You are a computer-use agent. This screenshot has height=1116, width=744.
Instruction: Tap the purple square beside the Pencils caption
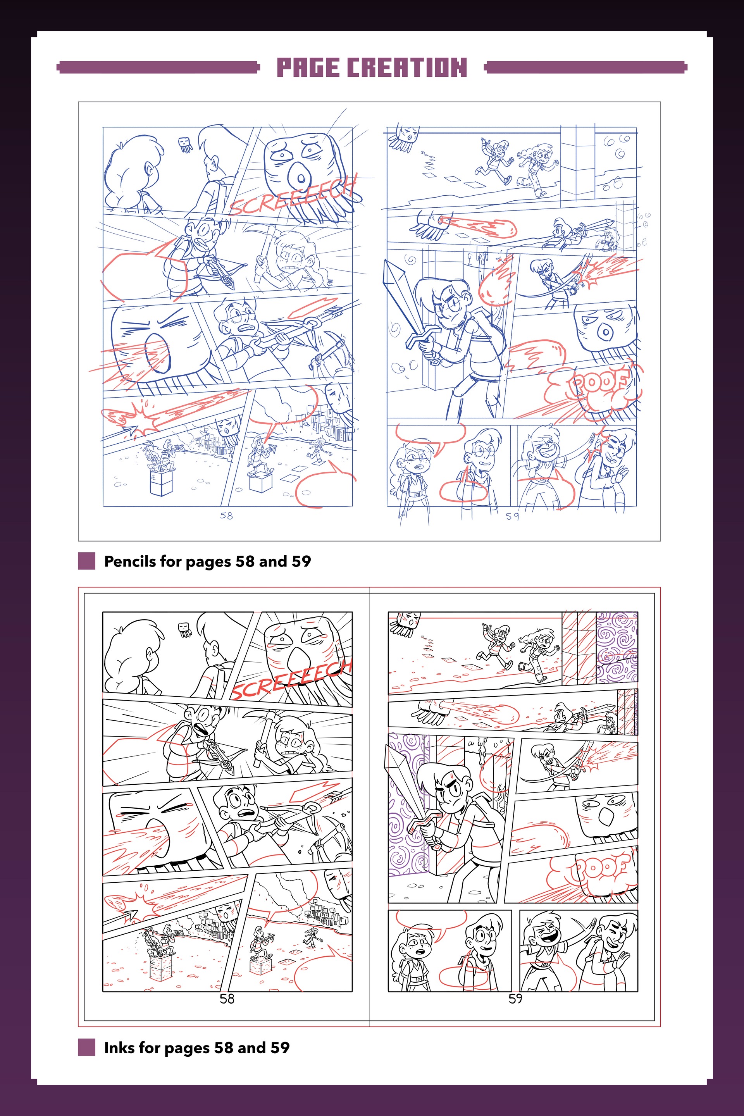[x=86, y=561]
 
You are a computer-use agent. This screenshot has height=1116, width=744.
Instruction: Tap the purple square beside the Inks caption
[x=86, y=1047]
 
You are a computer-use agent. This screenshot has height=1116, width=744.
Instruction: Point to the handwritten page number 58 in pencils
[x=226, y=515]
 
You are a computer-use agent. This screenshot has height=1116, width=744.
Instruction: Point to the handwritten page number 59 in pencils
[x=512, y=516]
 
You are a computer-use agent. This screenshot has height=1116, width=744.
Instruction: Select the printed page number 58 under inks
[x=227, y=999]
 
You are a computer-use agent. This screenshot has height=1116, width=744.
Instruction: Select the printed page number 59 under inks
[x=515, y=999]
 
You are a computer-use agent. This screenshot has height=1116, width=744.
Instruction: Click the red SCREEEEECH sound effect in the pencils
[x=293, y=195]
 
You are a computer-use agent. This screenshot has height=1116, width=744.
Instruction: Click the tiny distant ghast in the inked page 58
[x=185, y=630]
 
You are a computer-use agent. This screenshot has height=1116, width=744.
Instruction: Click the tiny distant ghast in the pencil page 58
[x=185, y=144]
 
